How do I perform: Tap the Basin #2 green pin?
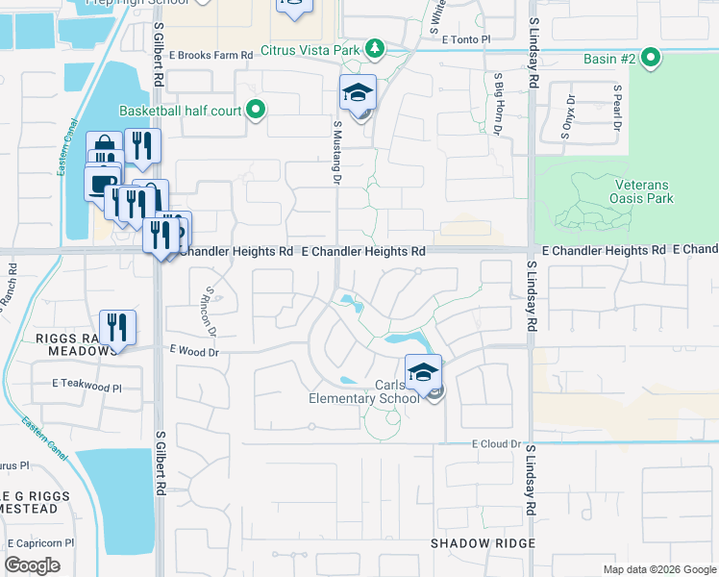pyautogui.click(x=651, y=59)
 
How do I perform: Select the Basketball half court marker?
pyautogui.click(x=256, y=111)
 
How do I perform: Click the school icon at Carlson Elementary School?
pyautogui.click(x=423, y=372)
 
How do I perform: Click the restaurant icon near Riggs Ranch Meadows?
pyautogui.click(x=117, y=327)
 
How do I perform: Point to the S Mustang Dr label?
pyautogui.click(x=337, y=152)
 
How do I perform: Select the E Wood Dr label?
pyautogui.click(x=194, y=353)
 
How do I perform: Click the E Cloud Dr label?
pyautogui.click(x=496, y=444)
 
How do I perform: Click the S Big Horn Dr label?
pyautogui.click(x=497, y=104)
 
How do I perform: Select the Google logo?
pyautogui.click(x=34, y=565)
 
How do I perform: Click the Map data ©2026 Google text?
pyautogui.click(x=658, y=569)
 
